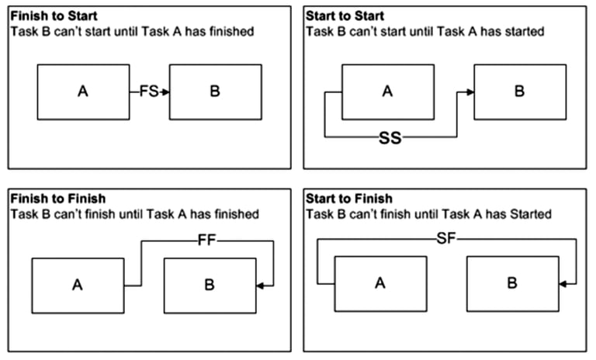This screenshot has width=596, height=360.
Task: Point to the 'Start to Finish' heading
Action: (348, 199)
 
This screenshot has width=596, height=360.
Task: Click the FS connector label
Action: (148, 92)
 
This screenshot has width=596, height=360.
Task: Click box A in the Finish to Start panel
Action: (83, 92)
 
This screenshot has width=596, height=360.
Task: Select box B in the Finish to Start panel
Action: (215, 92)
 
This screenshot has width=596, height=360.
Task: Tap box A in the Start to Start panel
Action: (388, 92)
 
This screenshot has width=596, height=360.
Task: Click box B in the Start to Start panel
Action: (520, 92)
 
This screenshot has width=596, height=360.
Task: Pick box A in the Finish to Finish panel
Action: (78, 286)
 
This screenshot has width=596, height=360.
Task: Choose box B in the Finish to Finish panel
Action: (210, 286)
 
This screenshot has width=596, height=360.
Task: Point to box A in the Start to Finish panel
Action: (380, 283)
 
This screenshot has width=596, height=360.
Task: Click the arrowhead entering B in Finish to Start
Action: (165, 92)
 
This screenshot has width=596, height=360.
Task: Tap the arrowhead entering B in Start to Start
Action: (470, 92)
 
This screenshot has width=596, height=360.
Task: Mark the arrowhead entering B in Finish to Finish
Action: (260, 286)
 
